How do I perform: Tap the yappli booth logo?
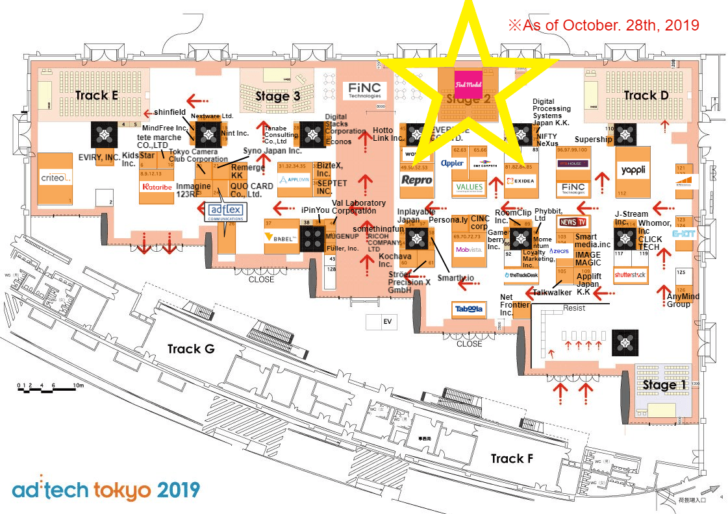pyautogui.click(x=632, y=170)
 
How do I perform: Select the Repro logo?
pyautogui.click(x=416, y=180)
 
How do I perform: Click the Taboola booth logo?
pyautogui.click(x=469, y=310)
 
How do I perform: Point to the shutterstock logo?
pyautogui.click(x=631, y=275)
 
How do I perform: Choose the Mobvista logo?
pyautogui.click(x=470, y=249)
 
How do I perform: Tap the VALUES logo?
pyautogui.click(x=470, y=187)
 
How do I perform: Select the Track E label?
pyautogui.click(x=96, y=95)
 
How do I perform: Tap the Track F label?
pyautogui.click(x=512, y=459)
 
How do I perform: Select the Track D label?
pyautogui.click(x=646, y=95)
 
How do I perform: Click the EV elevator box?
pyautogui.click(x=389, y=321)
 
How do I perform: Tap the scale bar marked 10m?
pyautogui.click(x=49, y=388)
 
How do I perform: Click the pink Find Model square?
pyautogui.click(x=468, y=84)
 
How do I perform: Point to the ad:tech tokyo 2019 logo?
pyautogui.click(x=105, y=489)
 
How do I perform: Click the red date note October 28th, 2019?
pyautogui.click(x=603, y=25)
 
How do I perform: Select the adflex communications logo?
pyautogui.click(x=225, y=212)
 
